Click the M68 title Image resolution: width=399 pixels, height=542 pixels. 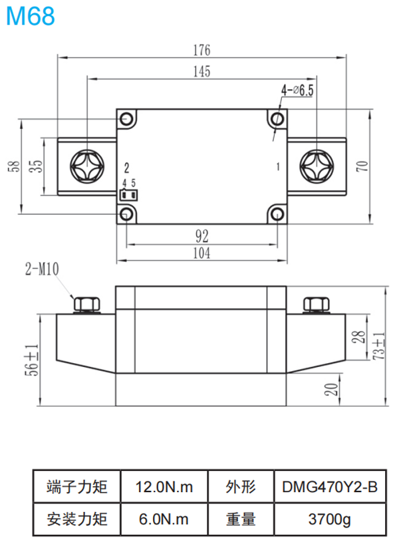coord(31,16)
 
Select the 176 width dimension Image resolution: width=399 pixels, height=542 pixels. coord(201,50)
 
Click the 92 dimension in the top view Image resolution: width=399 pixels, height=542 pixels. coord(202,235)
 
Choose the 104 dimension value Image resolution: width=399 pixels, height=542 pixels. coord(202,253)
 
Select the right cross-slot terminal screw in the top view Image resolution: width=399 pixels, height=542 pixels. coord(316,166)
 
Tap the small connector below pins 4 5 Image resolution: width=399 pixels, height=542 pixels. coord(129,196)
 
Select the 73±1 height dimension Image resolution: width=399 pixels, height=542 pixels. coord(378,346)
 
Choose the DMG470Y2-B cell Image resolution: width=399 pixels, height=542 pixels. coord(328,487)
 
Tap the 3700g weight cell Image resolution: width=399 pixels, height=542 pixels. coord(328,518)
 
